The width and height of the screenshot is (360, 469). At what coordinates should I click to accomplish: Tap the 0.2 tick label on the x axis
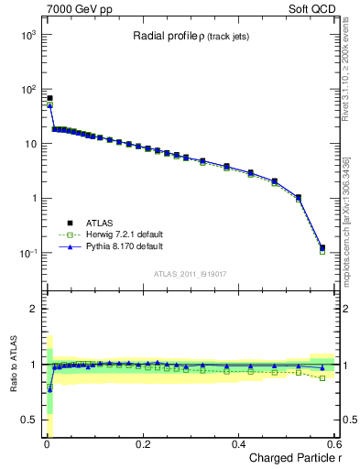tap(142, 443)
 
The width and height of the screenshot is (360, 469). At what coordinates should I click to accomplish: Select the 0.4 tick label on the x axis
tap(238, 443)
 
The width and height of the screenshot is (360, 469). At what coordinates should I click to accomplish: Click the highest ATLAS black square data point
tap(49, 98)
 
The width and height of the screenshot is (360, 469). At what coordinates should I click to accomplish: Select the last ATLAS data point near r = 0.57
tap(322, 247)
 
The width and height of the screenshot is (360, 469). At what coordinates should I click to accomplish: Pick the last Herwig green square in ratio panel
tap(322, 377)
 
